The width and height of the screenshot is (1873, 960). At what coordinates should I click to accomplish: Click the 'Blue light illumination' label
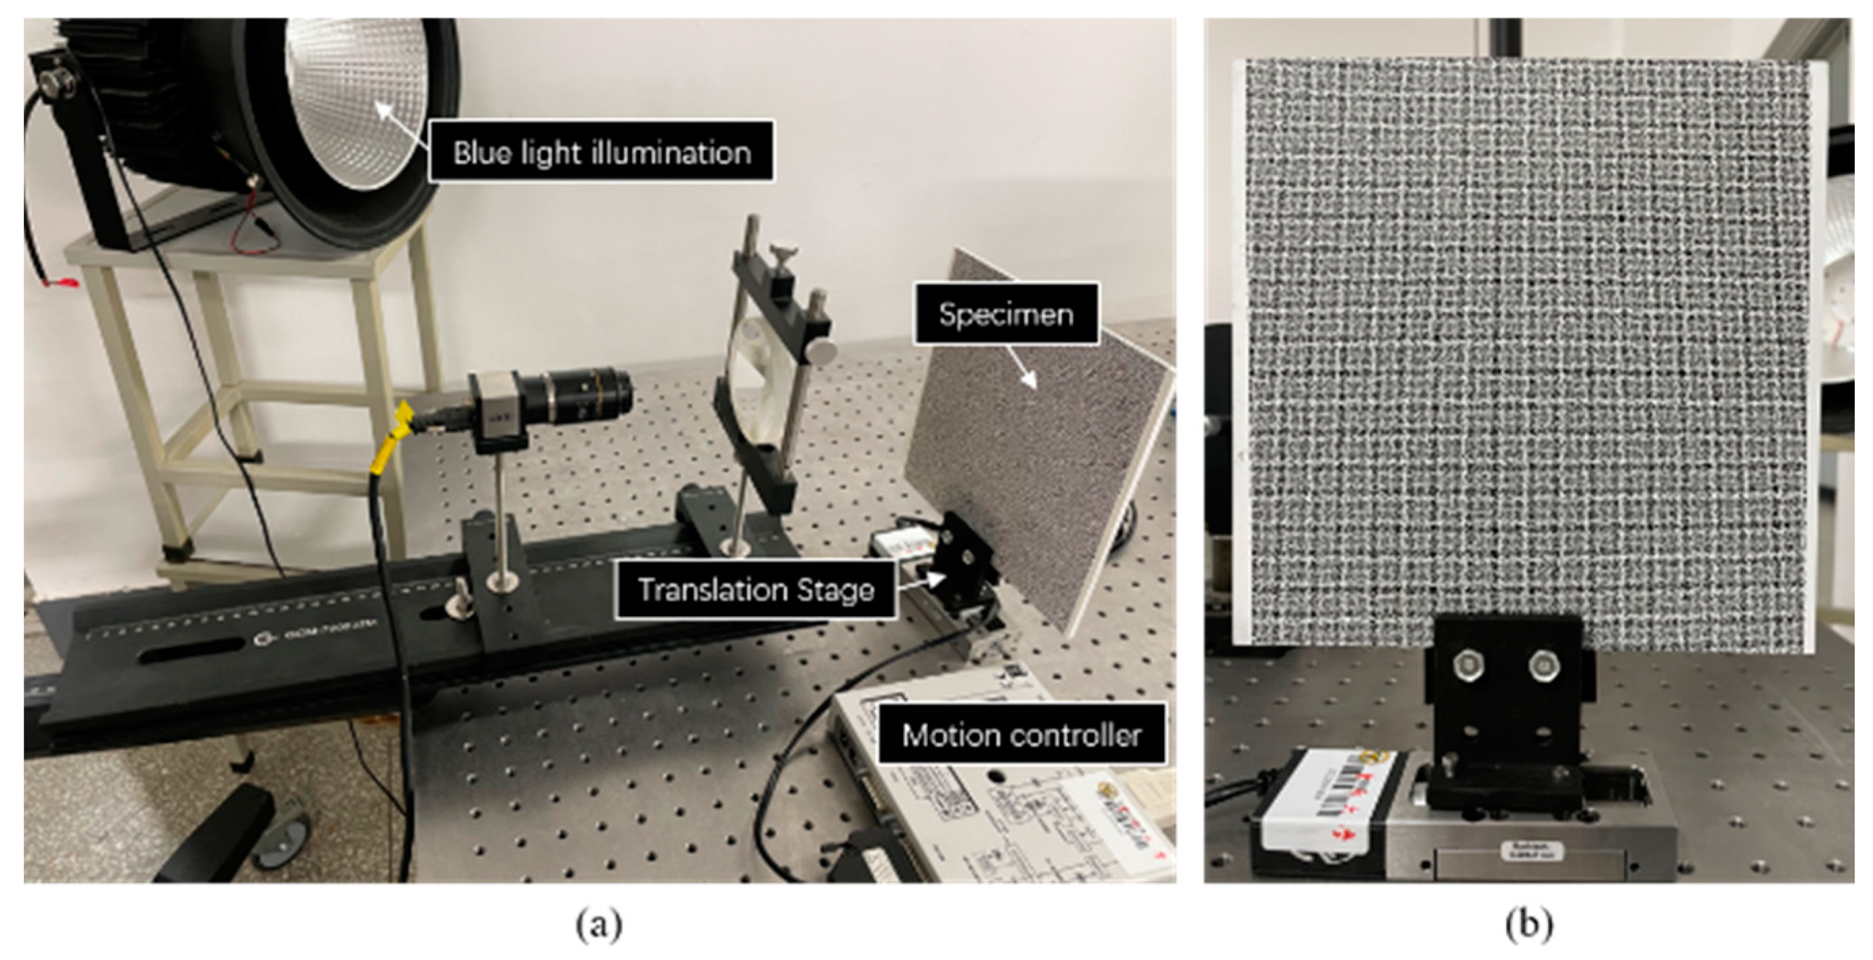point(601,152)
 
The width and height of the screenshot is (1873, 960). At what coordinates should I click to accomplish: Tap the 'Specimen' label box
point(1005,314)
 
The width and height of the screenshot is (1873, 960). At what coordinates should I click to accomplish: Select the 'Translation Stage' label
point(756,589)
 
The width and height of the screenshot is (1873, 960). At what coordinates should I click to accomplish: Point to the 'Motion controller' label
point(1022,735)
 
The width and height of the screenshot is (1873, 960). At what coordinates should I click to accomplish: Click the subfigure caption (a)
point(599,925)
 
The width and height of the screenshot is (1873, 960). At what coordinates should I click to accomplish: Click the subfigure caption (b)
point(1528,925)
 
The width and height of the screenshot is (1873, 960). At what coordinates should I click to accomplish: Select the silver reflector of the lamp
point(356,102)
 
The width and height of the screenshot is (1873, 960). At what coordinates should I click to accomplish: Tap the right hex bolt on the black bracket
point(1543,666)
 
